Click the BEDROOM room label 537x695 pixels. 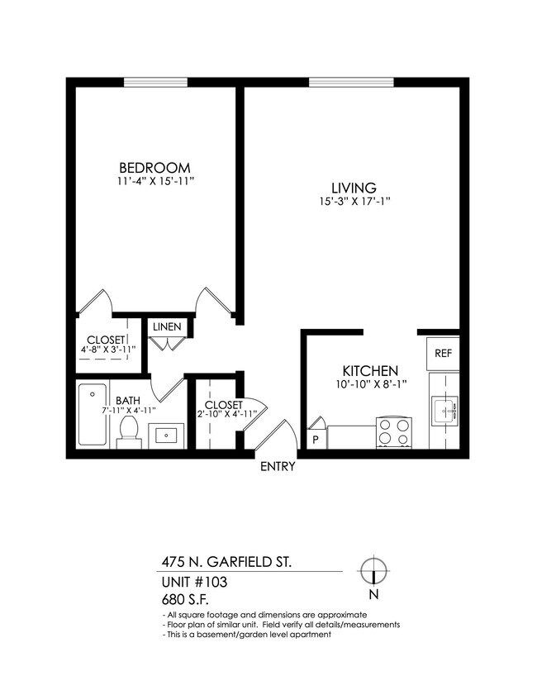coord(154,166)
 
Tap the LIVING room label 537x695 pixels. coord(354,188)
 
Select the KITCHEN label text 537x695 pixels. coord(370,371)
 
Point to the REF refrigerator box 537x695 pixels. coord(443,352)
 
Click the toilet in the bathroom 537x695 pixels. coord(128,431)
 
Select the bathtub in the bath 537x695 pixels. coord(91,415)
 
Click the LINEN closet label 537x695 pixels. coord(166,326)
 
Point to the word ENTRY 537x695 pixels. coord(278,466)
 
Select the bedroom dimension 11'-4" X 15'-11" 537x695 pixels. coord(154,180)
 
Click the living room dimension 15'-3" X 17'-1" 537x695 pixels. coord(354,202)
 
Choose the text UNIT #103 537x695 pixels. coord(194,582)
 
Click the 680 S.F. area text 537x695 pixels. coord(187,600)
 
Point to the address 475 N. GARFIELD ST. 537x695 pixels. coord(226,562)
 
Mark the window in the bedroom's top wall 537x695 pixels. coord(155,81)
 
